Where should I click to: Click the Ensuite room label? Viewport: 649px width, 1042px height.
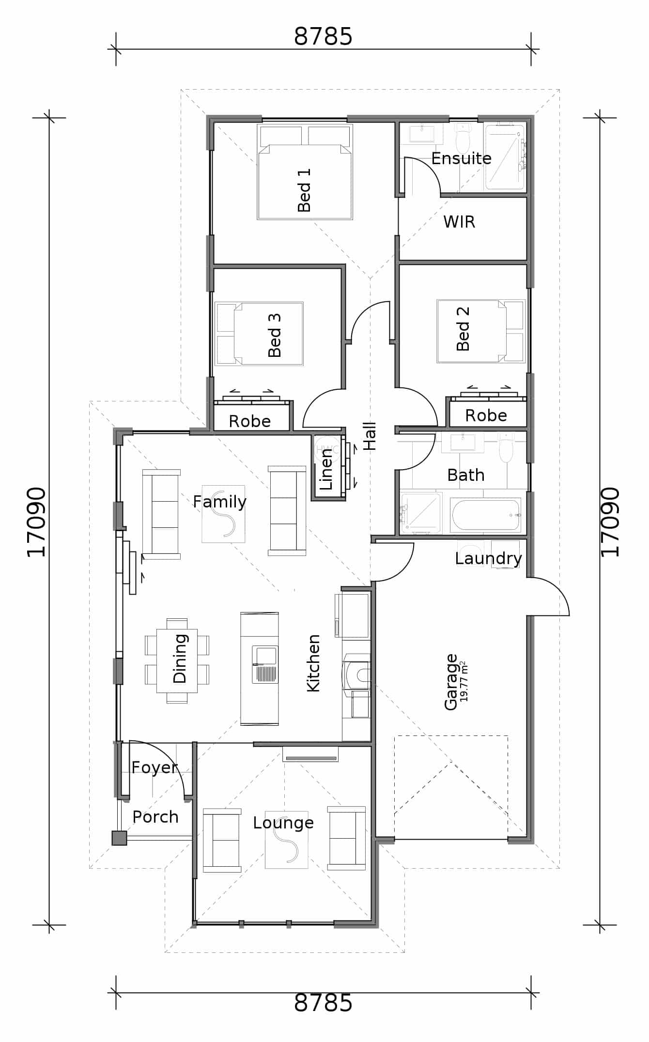click(461, 158)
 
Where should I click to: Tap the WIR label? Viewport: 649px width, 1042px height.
click(459, 222)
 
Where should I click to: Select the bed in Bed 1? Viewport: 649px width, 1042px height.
click(305, 172)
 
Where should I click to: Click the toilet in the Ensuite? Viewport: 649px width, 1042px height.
click(464, 137)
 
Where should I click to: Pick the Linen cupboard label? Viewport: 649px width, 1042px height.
click(326, 469)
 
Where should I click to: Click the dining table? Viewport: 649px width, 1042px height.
click(177, 661)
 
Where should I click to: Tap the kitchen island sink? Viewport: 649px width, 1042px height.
click(265, 664)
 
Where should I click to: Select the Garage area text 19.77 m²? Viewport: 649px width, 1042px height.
click(464, 681)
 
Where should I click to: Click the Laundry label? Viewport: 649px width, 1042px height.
click(488, 558)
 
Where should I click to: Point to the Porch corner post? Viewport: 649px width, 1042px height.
click(119, 838)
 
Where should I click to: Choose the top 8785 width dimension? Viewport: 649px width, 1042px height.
click(323, 36)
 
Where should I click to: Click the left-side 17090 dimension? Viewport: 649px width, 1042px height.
click(36, 522)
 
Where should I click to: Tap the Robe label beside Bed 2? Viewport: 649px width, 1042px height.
click(486, 415)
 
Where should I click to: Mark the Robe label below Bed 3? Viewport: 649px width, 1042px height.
click(249, 421)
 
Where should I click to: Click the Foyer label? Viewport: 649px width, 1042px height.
click(155, 767)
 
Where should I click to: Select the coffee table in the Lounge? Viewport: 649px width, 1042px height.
click(286, 840)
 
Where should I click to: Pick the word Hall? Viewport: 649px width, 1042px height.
click(370, 436)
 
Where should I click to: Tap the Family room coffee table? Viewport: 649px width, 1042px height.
click(223, 514)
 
